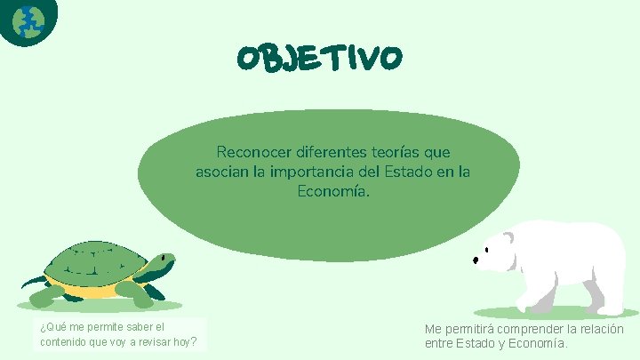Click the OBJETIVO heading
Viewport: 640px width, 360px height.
(319, 58)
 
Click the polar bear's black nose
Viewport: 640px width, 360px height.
(476, 260)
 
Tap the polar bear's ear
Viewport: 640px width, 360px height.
(508, 237)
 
